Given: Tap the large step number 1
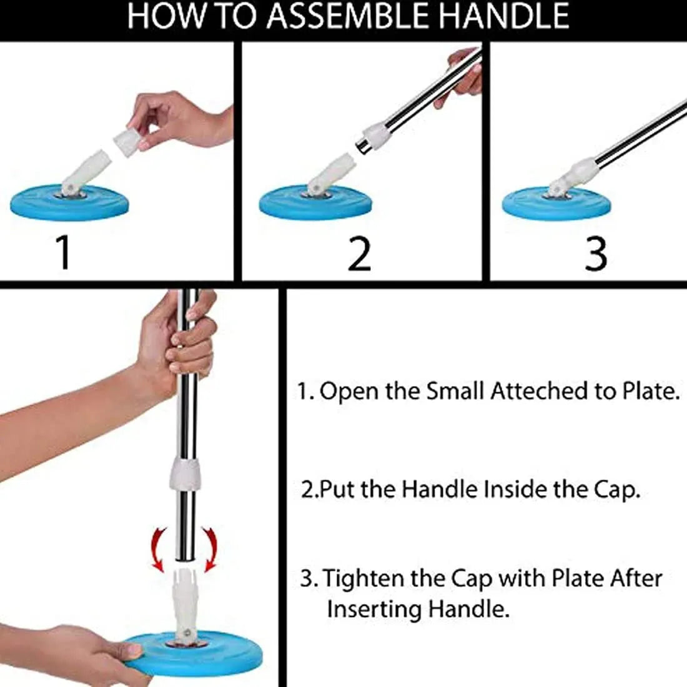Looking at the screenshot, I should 63,252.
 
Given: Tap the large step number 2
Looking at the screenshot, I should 359,253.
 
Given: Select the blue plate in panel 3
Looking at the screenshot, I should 556,205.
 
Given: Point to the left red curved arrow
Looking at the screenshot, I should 160,546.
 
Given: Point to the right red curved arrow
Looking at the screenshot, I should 211,546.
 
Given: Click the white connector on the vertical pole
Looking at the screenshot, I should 185,475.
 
